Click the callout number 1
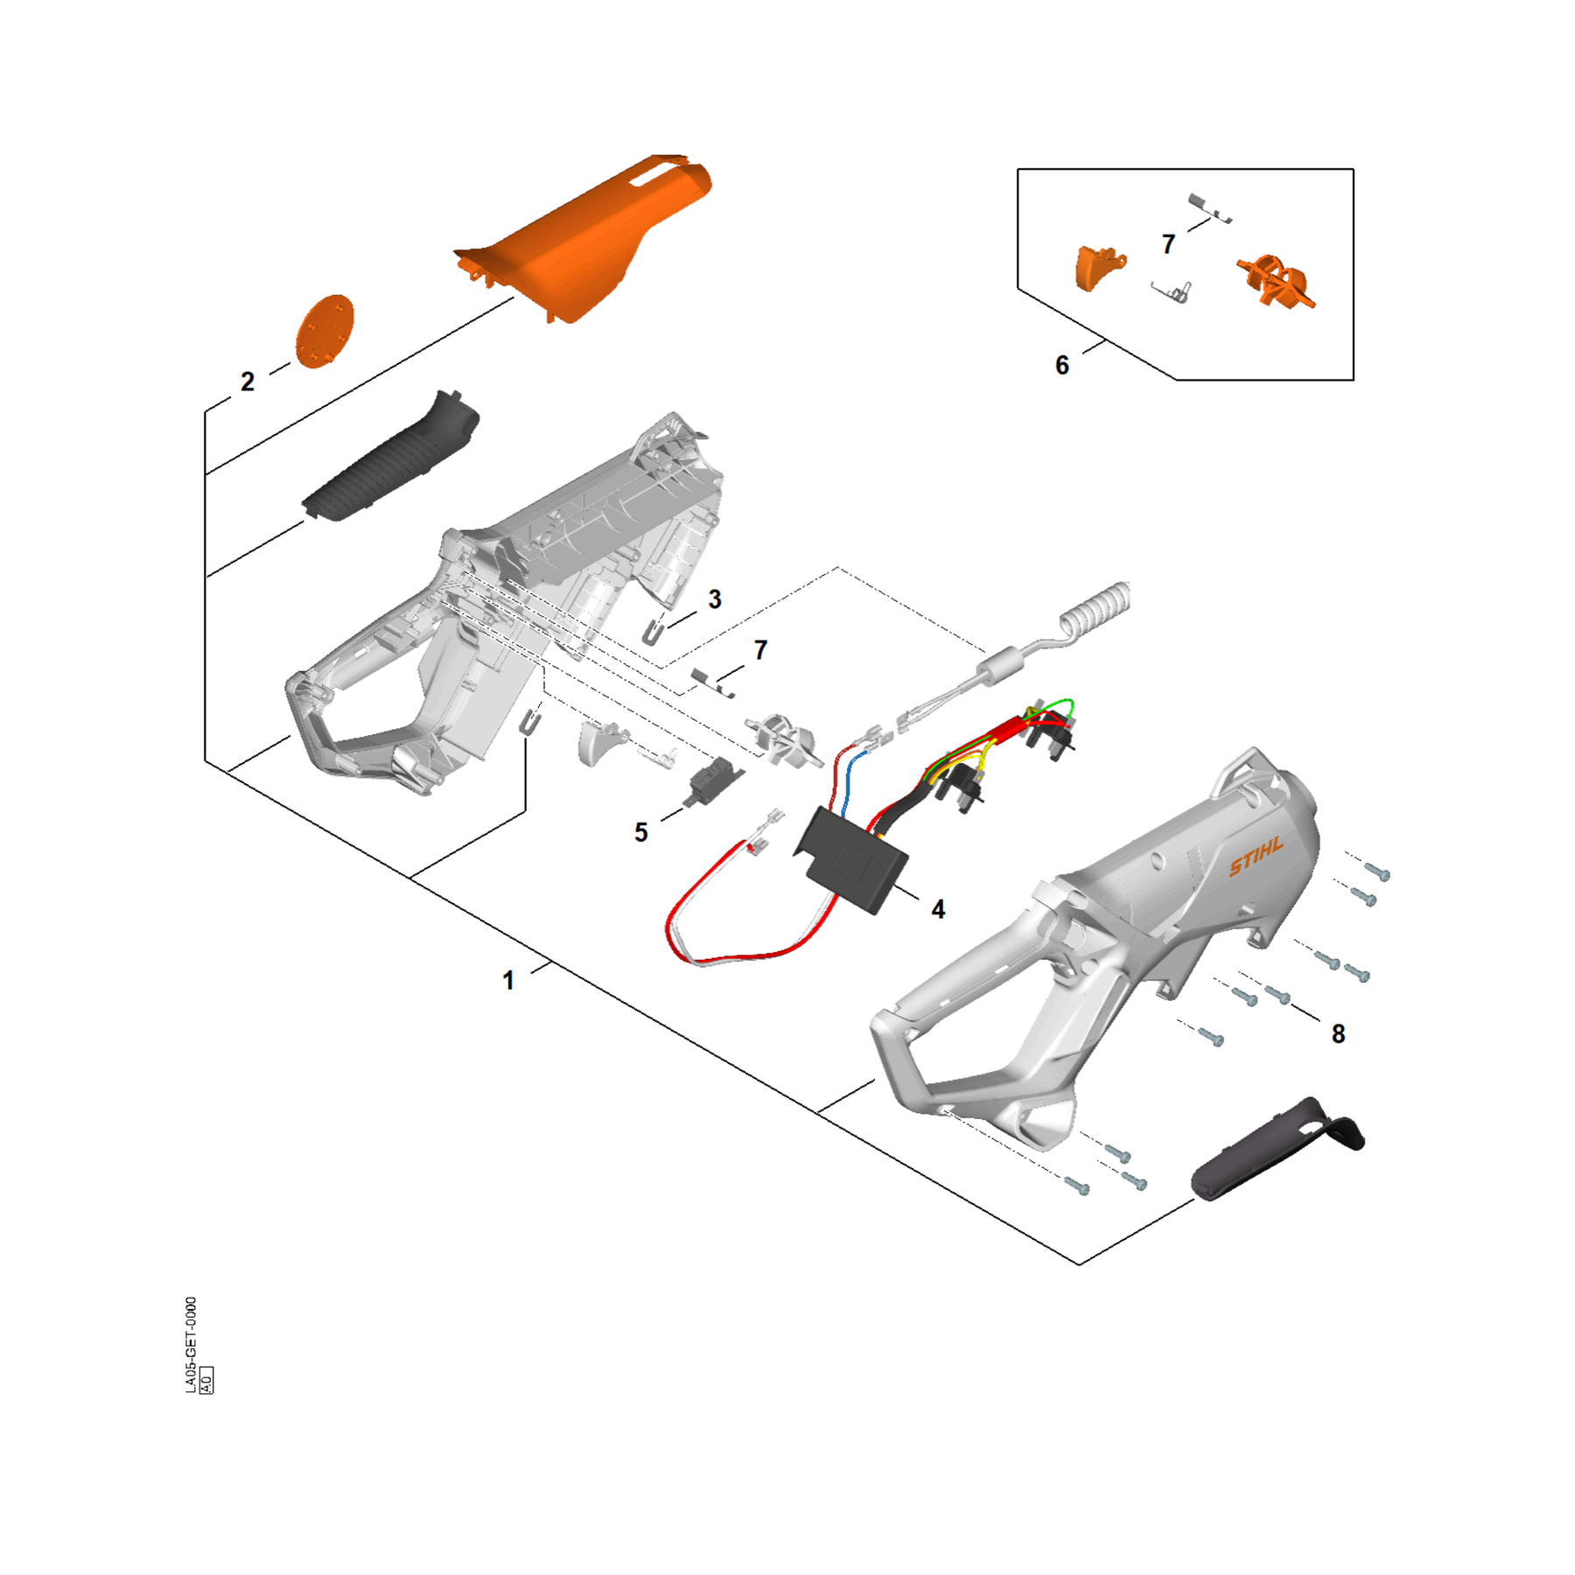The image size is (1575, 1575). click(507, 980)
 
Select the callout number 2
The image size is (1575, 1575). click(248, 381)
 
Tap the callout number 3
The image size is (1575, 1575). click(715, 599)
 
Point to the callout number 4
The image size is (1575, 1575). click(938, 910)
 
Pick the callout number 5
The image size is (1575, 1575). click(641, 832)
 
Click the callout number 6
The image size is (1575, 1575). click(1062, 365)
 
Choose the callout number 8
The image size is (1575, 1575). click(1338, 1034)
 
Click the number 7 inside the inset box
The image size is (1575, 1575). click(1168, 244)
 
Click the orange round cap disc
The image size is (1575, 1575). click(325, 331)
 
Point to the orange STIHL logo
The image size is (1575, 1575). click(1256, 855)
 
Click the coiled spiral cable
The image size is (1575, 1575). click(1094, 612)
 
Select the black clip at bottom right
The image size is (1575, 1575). click(1277, 1149)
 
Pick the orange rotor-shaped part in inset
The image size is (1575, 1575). click(1275, 281)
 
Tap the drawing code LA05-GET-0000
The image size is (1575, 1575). click(191, 1345)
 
